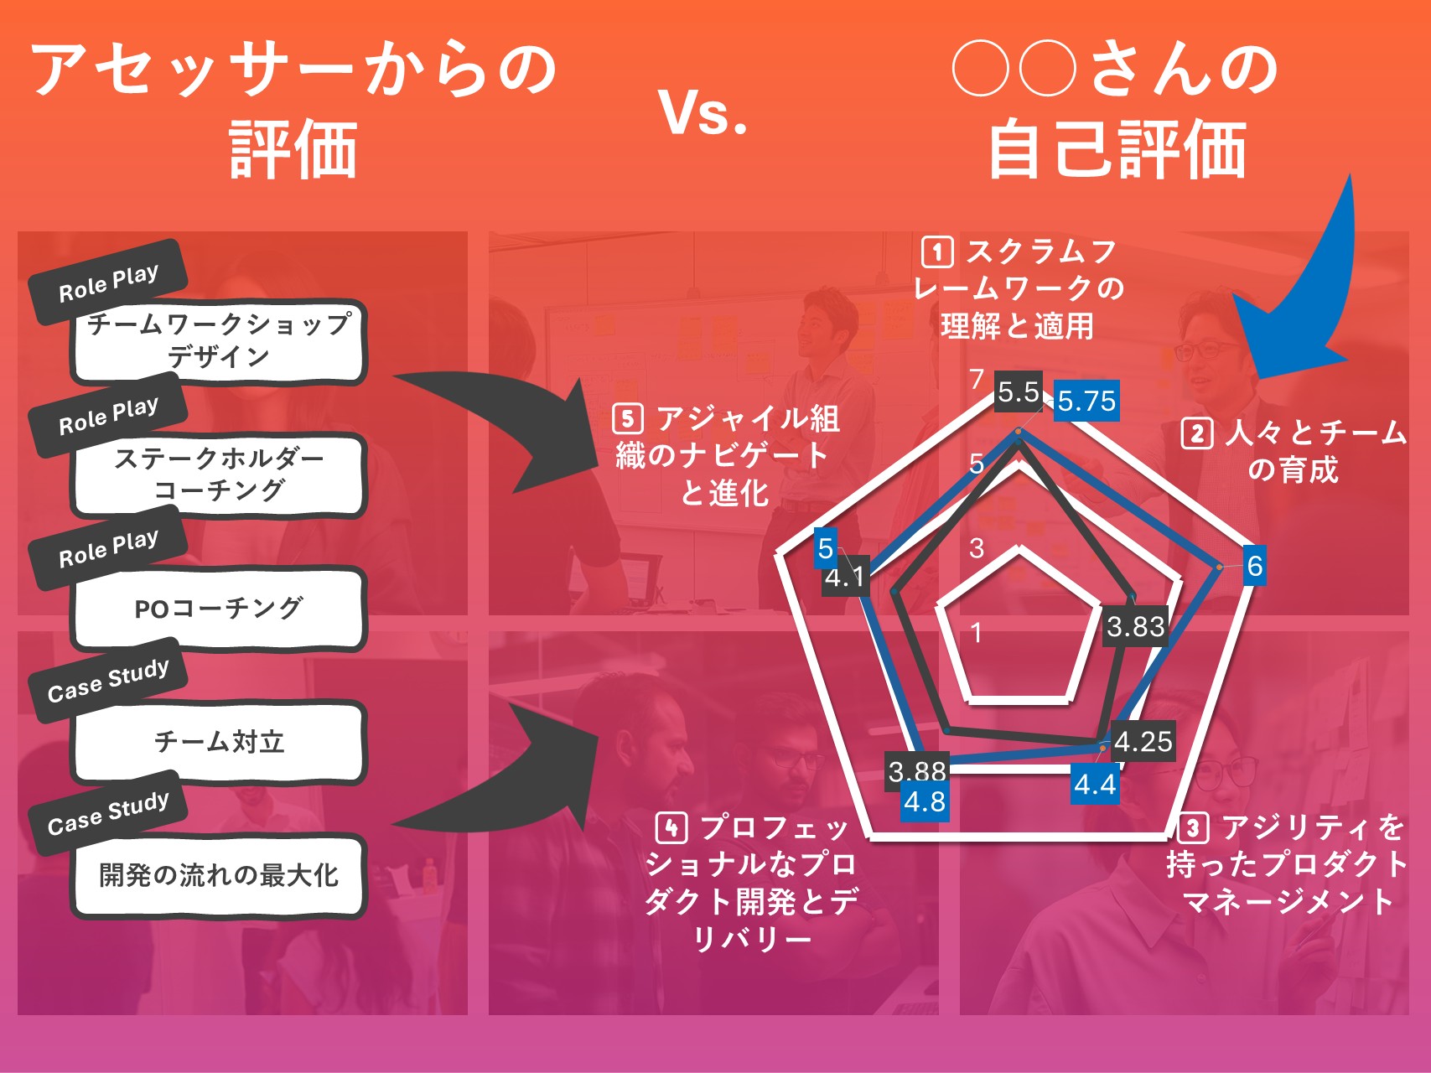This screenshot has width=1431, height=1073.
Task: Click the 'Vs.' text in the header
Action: (703, 112)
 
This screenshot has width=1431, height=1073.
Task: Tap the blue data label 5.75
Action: (1086, 401)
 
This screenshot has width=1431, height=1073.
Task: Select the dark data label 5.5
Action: (1019, 391)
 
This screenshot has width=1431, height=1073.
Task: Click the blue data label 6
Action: (1254, 566)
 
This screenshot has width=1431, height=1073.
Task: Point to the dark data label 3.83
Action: (1135, 626)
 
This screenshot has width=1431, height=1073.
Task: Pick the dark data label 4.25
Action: (1143, 741)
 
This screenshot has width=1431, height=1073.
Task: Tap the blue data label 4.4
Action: (1095, 785)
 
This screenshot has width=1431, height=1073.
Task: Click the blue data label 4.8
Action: (925, 802)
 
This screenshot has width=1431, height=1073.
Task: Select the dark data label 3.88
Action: (917, 769)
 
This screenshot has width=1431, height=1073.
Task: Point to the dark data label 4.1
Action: (845, 578)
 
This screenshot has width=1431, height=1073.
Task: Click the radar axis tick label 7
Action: (976, 379)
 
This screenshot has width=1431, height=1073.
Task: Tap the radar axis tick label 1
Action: (976, 632)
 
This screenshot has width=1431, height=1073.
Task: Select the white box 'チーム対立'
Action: (219, 742)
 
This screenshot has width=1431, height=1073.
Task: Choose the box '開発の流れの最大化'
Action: (219, 875)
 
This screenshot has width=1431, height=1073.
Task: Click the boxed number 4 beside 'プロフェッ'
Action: (671, 827)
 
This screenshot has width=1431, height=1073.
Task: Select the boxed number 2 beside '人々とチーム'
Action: (1196, 433)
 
